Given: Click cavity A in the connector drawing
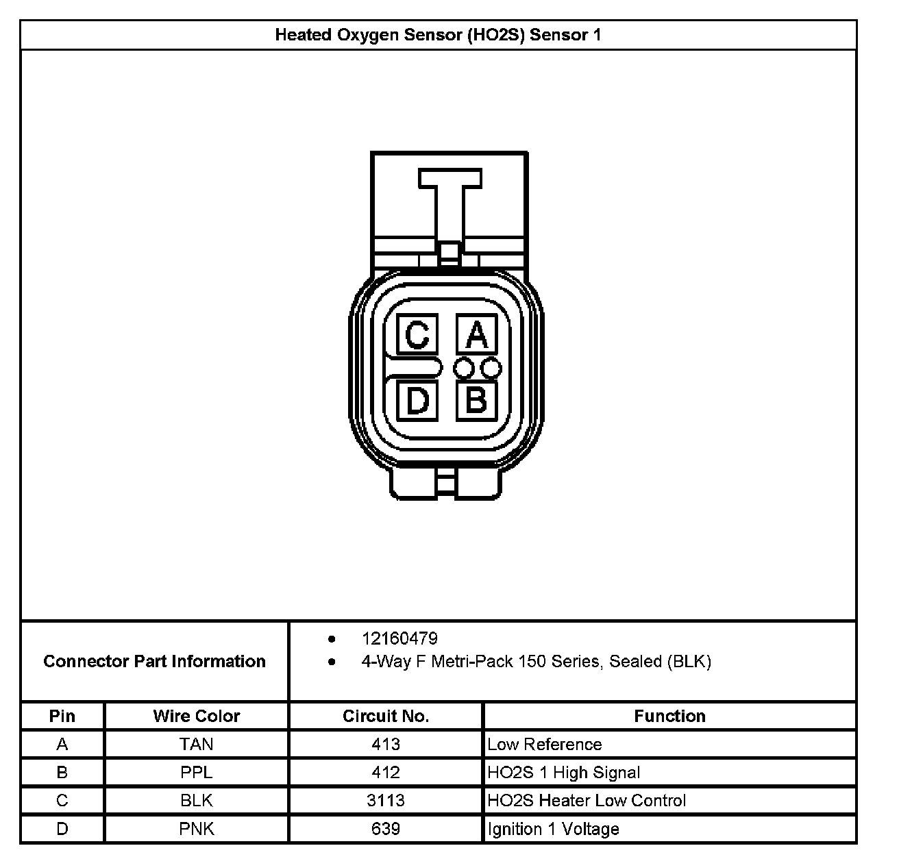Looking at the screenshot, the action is [477, 334].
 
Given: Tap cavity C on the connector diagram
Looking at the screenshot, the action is [417, 334].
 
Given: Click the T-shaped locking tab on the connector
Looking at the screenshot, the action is [449, 206].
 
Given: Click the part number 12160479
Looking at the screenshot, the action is [399, 638].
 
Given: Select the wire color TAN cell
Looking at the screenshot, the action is [197, 744].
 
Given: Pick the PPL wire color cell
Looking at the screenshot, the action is [197, 772].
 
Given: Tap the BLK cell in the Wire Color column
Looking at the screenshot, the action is [197, 800].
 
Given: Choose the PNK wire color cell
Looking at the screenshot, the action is [197, 829].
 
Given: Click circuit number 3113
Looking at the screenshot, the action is [386, 800].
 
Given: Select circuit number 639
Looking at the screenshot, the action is [386, 829].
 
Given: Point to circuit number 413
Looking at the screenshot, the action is [386, 744].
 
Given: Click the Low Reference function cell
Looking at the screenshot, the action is [545, 744].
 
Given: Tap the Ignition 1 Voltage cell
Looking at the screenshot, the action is [553, 829].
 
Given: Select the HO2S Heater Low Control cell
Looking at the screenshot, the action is [587, 800].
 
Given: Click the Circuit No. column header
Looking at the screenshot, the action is [386, 716].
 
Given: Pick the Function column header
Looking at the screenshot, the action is [669, 716].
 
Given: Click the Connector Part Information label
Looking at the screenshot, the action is [155, 661].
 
